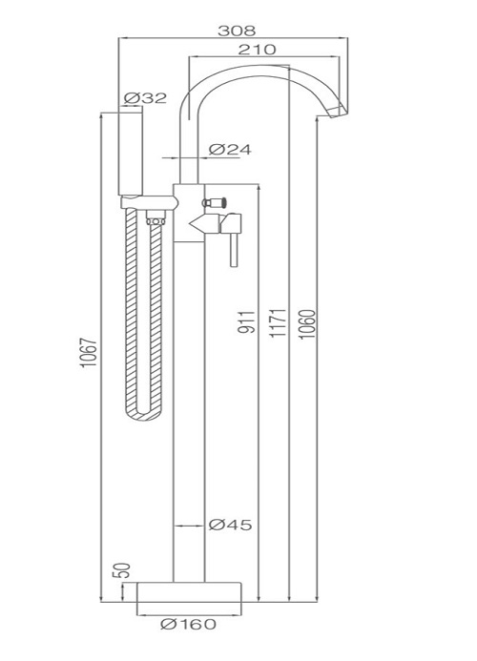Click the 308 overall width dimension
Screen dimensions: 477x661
[237, 31]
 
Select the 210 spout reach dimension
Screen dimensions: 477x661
[257, 50]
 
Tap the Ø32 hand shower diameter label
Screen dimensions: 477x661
[146, 98]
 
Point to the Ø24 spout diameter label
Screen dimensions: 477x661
[230, 150]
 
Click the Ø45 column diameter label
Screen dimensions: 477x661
[230, 525]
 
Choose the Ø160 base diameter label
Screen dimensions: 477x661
[188, 624]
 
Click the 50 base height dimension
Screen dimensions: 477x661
[121, 570]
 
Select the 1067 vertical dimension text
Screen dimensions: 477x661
[89, 352]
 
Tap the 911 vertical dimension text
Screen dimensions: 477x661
[247, 322]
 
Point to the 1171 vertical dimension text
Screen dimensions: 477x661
[278, 322]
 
